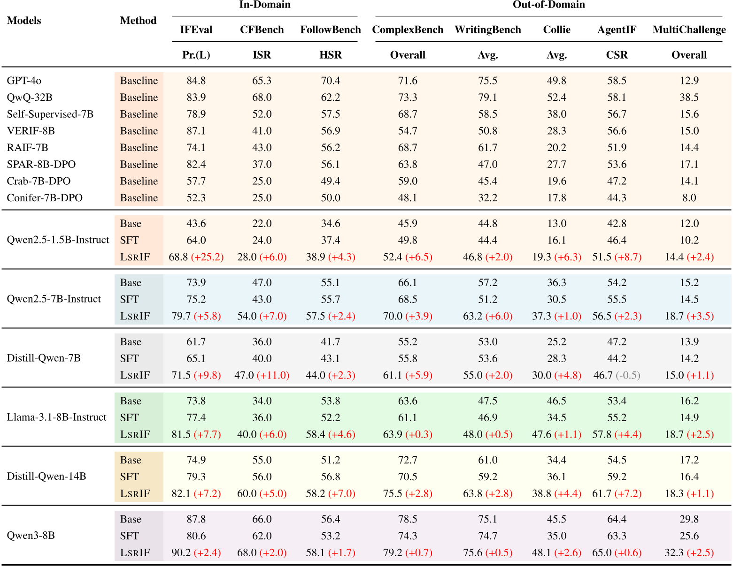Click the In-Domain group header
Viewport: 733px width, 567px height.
pyautogui.click(x=265, y=5)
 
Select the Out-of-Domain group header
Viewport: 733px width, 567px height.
pyautogui.click(x=548, y=5)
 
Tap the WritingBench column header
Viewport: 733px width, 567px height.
pyautogui.click(x=487, y=30)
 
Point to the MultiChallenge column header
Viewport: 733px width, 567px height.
pyautogui.click(x=689, y=30)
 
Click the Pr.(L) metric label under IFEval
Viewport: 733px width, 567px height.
pyautogui.click(x=196, y=55)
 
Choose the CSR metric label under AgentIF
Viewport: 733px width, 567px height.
pyautogui.click(x=617, y=55)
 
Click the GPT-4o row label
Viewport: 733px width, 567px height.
pyautogui.click(x=24, y=81)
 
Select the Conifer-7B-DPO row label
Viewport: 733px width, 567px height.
pyautogui.click(x=45, y=198)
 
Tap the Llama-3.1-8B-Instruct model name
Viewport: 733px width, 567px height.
pyautogui.click(x=56, y=417)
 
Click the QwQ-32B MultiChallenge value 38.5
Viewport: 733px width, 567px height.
pyautogui.click(x=689, y=98)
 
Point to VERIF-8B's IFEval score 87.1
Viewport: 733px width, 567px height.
pyautogui.click(x=196, y=131)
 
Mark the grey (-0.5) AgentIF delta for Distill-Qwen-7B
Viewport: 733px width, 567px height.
pyautogui.click(x=628, y=376)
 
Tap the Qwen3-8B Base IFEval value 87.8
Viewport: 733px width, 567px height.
pyautogui.click(x=196, y=519)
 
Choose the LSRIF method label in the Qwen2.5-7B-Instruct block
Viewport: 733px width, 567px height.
pyautogui.click(x=135, y=317)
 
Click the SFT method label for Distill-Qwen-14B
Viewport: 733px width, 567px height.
pyautogui.click(x=129, y=477)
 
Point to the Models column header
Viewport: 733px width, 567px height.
pyautogui.click(x=24, y=21)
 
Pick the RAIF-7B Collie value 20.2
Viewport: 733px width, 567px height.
pyautogui.click(x=556, y=148)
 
